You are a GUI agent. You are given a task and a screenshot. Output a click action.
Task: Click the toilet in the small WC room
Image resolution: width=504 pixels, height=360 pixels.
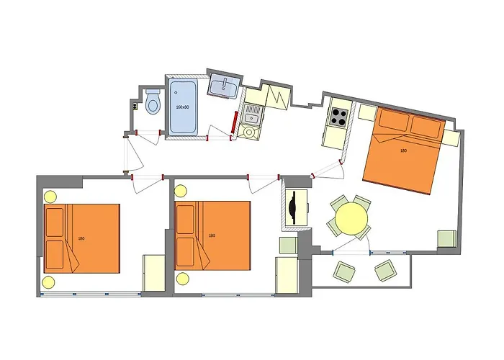tap(153, 102)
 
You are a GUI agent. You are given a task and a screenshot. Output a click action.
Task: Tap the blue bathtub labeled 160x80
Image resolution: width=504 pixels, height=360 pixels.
tap(183, 107)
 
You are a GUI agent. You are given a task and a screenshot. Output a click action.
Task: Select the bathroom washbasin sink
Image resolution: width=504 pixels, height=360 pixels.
tap(224, 86)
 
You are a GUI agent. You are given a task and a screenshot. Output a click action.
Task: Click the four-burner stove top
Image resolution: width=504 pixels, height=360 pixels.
tap(339, 117)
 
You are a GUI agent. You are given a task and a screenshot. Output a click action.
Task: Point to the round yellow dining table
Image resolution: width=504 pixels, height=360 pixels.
tap(351, 219)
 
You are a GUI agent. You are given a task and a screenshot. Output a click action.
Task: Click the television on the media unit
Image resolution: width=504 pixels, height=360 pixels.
tap(292, 207)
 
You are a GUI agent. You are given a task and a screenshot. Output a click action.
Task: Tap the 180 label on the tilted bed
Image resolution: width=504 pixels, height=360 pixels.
tap(403, 150)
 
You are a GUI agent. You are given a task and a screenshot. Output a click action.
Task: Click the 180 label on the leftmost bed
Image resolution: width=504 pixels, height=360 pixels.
tap(81, 238)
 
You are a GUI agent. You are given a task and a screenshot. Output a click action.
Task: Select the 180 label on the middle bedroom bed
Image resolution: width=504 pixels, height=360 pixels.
tap(212, 235)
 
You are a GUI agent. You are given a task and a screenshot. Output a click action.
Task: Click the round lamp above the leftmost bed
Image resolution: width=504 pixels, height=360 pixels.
tap(50, 197)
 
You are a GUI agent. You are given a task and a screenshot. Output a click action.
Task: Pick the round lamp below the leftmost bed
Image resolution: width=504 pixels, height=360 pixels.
tap(48, 282)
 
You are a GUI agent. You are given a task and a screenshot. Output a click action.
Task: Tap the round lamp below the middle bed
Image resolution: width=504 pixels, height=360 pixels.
tap(182, 279)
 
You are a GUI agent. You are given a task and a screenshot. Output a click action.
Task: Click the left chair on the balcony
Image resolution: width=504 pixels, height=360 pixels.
tap(345, 271)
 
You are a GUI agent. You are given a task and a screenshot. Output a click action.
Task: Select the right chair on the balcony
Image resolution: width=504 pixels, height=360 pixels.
tap(386, 271)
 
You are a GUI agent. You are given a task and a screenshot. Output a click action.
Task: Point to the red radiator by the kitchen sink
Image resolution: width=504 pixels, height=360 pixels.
tap(234, 122)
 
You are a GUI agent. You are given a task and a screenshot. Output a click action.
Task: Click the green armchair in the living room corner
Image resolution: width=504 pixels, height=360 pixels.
tap(447, 239)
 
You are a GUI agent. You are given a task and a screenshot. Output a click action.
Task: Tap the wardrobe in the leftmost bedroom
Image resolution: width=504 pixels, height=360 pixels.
tap(154, 273)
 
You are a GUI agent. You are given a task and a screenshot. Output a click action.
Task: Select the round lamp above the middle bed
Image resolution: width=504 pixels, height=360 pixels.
tap(180, 191)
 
